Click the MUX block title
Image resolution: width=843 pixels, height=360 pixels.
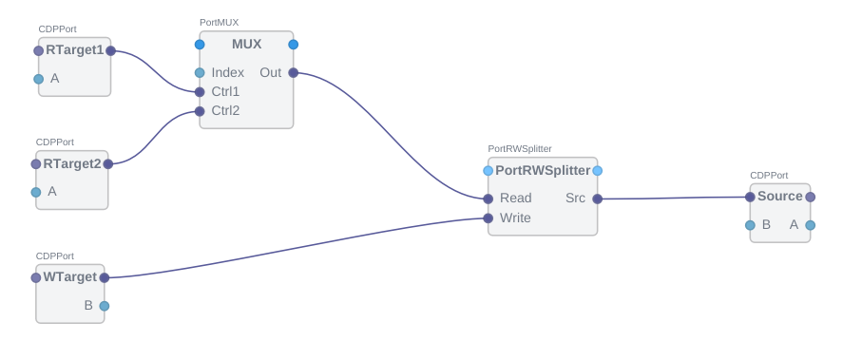tap(246, 44)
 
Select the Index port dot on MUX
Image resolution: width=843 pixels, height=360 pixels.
tap(200, 72)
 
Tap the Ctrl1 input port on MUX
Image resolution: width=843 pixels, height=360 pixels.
tap(200, 92)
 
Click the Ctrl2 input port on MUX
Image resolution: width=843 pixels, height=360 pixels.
tap(200, 111)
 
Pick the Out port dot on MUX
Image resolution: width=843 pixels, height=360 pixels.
tap(293, 72)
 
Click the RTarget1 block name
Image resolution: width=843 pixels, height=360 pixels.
tap(74, 49)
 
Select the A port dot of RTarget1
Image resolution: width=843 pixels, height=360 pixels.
tap(39, 79)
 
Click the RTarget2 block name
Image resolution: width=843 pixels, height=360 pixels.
tap(71, 163)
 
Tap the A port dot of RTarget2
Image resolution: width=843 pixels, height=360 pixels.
tap(36, 192)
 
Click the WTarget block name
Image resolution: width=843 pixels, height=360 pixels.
tap(69, 277)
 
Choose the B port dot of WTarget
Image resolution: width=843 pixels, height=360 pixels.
tap(105, 306)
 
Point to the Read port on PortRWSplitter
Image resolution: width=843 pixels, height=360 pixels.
tap(488, 199)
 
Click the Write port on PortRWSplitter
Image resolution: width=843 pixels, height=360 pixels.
tap(488, 218)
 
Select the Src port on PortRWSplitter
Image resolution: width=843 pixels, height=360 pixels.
tap(597, 199)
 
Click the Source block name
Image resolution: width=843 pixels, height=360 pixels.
tap(779, 197)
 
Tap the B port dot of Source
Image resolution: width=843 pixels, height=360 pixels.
tap(750, 225)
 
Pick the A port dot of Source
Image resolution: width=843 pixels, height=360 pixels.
tap(810, 225)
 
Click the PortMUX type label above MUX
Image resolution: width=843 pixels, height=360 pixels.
tap(219, 21)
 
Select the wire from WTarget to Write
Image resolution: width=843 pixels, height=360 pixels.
tap(295, 249)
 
